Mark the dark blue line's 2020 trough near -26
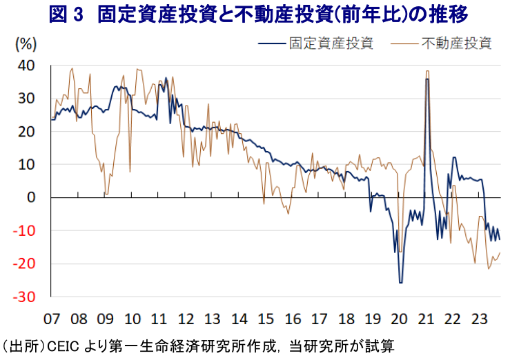pos(400,282)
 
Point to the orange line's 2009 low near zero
pos(106,194)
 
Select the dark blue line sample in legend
pos(271,43)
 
